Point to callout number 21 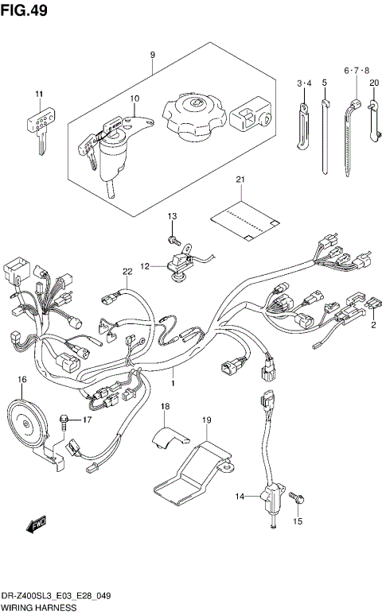240,181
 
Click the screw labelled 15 298,497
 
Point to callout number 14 240,497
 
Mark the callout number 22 126,273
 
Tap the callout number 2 372,324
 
